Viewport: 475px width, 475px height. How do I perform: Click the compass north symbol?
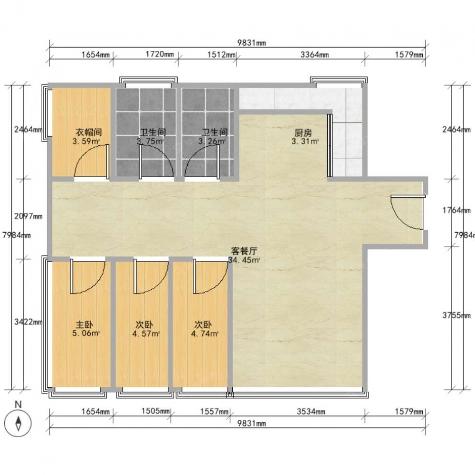[19, 423]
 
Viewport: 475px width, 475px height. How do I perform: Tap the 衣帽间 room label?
[88, 133]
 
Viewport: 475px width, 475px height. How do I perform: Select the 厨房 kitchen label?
[303, 133]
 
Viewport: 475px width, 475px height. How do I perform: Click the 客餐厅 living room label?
[244, 251]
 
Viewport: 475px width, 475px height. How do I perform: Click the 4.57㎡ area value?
[146, 334]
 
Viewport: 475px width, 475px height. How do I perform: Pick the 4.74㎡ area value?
[205, 334]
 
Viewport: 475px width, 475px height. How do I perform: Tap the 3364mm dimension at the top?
[314, 55]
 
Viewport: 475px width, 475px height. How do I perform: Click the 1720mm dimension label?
[160, 54]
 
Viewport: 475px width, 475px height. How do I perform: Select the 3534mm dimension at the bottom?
[311, 411]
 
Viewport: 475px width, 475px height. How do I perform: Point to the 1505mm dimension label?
[156, 411]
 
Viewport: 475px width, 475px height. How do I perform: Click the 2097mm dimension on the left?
[28, 216]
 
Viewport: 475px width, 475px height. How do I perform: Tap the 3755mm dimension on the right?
[456, 315]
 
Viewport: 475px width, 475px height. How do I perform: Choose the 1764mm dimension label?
[456, 210]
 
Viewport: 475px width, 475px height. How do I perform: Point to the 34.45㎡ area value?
[244, 260]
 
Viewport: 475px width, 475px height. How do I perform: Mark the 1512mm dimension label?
[222, 55]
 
